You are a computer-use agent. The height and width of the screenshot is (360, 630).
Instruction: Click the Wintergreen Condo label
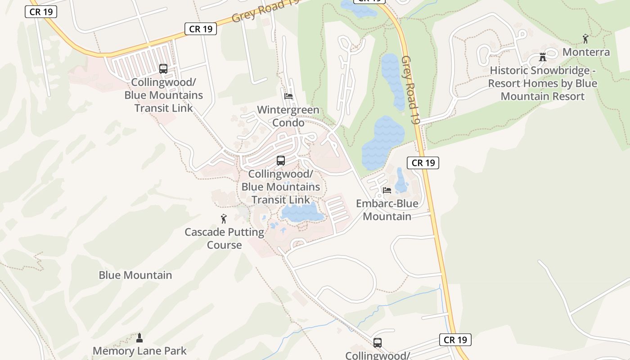click(x=288, y=116)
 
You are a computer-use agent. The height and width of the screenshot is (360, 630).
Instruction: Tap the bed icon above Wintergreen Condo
click(x=288, y=96)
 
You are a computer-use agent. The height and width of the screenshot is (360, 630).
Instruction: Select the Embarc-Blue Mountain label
click(x=387, y=210)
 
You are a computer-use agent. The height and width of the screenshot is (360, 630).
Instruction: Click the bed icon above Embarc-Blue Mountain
click(x=387, y=190)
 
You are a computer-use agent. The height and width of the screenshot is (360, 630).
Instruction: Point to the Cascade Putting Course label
click(x=224, y=238)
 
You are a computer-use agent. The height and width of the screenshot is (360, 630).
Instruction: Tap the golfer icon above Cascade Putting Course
click(x=224, y=219)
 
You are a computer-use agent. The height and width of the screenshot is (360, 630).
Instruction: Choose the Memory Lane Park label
click(x=139, y=351)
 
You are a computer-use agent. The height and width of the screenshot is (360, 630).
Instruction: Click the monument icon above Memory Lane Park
click(x=139, y=337)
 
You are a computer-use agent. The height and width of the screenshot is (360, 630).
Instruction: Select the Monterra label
click(x=586, y=52)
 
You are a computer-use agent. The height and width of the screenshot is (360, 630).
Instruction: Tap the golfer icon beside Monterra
click(x=585, y=39)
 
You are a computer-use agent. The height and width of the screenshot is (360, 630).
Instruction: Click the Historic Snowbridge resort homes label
click(x=543, y=83)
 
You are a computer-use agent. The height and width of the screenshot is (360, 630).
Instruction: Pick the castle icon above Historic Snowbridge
click(x=543, y=57)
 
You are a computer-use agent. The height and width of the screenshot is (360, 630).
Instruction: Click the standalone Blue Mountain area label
click(x=135, y=275)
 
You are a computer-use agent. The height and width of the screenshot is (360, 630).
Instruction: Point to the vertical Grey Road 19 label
click(x=411, y=90)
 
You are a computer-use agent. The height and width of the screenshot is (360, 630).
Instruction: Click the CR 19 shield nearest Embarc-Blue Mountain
click(x=423, y=162)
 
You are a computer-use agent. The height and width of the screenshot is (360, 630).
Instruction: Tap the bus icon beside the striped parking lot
click(x=163, y=69)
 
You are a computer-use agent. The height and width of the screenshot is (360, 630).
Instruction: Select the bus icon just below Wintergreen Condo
click(x=281, y=161)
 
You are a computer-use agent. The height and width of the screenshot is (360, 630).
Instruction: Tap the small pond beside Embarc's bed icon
click(x=401, y=182)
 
